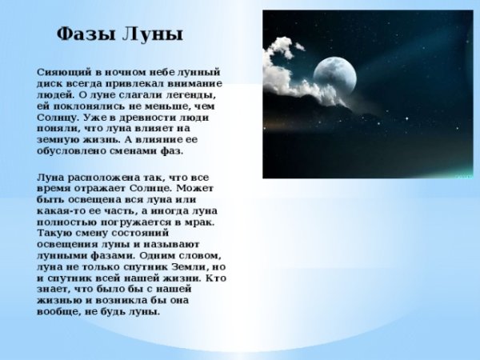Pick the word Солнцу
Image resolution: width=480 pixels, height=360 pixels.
point(58,117)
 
